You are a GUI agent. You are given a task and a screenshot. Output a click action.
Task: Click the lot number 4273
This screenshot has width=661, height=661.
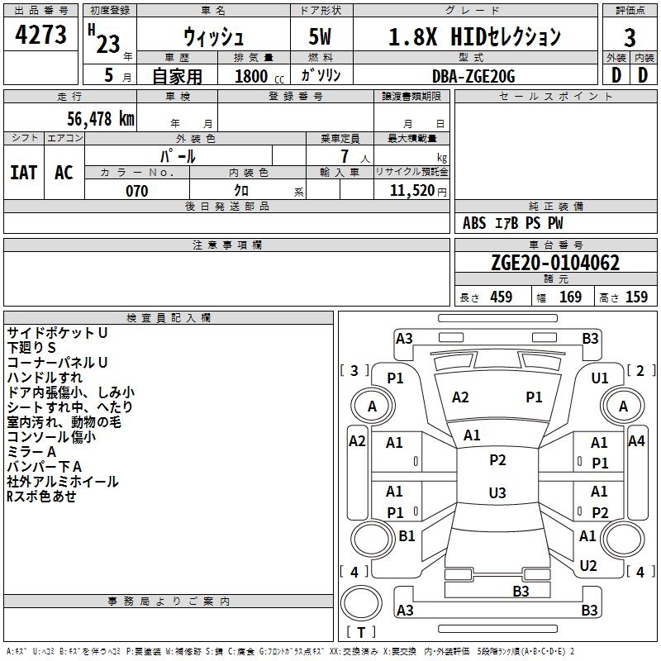tap(40, 34)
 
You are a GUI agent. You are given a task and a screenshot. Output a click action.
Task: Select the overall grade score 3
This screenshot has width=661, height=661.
tap(630, 37)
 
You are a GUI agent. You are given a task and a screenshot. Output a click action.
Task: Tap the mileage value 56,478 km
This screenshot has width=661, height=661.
tap(101, 118)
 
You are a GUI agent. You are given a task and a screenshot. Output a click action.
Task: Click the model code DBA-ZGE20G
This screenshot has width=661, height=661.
tap(473, 76)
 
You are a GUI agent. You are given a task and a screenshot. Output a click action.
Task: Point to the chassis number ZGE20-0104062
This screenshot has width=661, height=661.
tap(555, 263)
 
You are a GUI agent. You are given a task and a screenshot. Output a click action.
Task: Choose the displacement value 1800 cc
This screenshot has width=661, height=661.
tap(259, 76)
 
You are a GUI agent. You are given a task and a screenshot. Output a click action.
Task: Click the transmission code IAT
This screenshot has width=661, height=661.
tap(24, 173)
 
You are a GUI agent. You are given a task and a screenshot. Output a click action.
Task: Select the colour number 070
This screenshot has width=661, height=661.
tap(137, 191)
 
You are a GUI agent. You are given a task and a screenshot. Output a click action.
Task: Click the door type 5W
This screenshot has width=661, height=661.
tap(320, 36)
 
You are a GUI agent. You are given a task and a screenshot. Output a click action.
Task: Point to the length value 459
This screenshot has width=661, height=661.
tap(502, 297)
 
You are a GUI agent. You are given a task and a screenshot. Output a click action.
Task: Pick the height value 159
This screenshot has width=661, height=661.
tap(636, 297)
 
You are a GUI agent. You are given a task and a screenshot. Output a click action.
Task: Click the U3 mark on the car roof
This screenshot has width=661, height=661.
tap(497, 492)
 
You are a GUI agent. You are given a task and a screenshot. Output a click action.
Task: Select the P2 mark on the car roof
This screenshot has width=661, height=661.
tap(497, 459)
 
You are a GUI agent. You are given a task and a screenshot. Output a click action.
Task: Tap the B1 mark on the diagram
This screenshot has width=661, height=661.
tap(407, 535)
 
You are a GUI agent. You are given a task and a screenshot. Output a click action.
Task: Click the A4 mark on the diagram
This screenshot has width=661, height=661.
tap(636, 441)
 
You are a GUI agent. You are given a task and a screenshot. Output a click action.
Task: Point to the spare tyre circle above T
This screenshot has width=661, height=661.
tap(361, 603)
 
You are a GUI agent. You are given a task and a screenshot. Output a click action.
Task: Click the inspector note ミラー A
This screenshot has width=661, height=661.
tap(31, 452)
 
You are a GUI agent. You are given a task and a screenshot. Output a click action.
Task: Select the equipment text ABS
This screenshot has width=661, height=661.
tap(474, 223)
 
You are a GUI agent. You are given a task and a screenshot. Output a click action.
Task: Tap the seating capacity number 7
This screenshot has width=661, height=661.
tap(345, 156)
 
